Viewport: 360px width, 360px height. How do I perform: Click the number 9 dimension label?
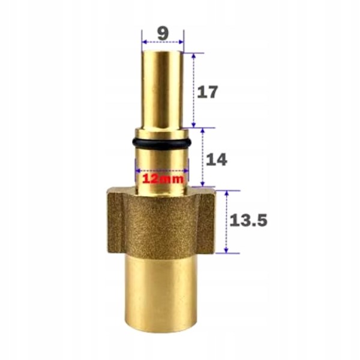click(162, 33)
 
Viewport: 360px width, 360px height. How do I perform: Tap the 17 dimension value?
click(207, 92)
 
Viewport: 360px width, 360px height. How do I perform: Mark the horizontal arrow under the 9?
click(162, 43)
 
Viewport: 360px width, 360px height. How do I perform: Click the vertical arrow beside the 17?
click(194, 90)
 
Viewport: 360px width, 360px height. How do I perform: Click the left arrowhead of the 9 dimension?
click(144, 43)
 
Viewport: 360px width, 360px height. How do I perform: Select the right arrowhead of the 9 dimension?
click(181, 43)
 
